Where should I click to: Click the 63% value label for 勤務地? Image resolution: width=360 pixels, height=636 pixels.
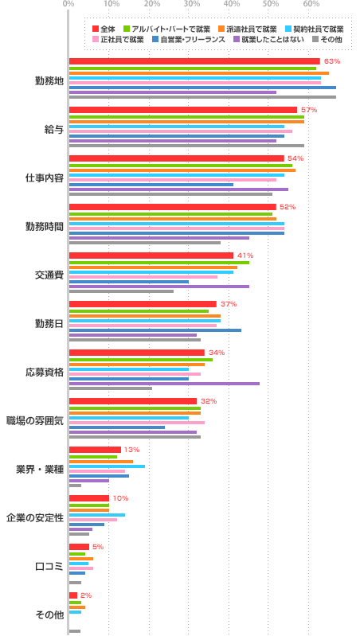click(x=332, y=61)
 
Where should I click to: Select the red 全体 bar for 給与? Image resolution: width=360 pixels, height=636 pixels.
click(x=182, y=110)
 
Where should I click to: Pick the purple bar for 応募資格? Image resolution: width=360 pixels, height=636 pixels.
click(x=164, y=384)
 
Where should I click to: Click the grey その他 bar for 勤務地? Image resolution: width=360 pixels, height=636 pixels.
click(x=202, y=97)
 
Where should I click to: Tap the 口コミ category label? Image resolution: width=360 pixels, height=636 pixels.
click(x=49, y=566)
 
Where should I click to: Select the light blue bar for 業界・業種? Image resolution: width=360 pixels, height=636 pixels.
click(x=107, y=466)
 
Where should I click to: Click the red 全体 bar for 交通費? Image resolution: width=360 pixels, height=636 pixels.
click(x=151, y=256)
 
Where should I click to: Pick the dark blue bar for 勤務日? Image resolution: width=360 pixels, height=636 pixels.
click(x=155, y=330)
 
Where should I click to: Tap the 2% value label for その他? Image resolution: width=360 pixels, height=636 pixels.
click(x=86, y=595)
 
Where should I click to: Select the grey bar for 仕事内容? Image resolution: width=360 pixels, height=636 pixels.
click(x=170, y=194)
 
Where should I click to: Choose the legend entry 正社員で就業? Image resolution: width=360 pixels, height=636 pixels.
click(x=122, y=39)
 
